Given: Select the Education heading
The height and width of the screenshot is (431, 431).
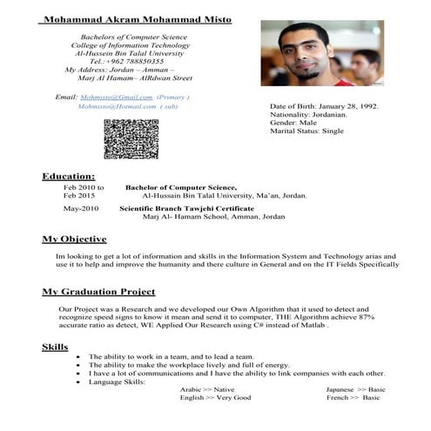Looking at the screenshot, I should [69, 176].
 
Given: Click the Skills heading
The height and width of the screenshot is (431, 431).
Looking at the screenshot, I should [56, 347].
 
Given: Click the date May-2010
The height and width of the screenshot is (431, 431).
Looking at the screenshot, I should [81, 209].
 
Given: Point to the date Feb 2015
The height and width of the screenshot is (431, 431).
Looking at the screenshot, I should [81, 196].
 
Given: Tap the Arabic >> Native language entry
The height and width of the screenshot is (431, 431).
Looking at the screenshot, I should [207, 389].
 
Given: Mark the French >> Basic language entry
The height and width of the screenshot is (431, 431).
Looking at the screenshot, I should [354, 397].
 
